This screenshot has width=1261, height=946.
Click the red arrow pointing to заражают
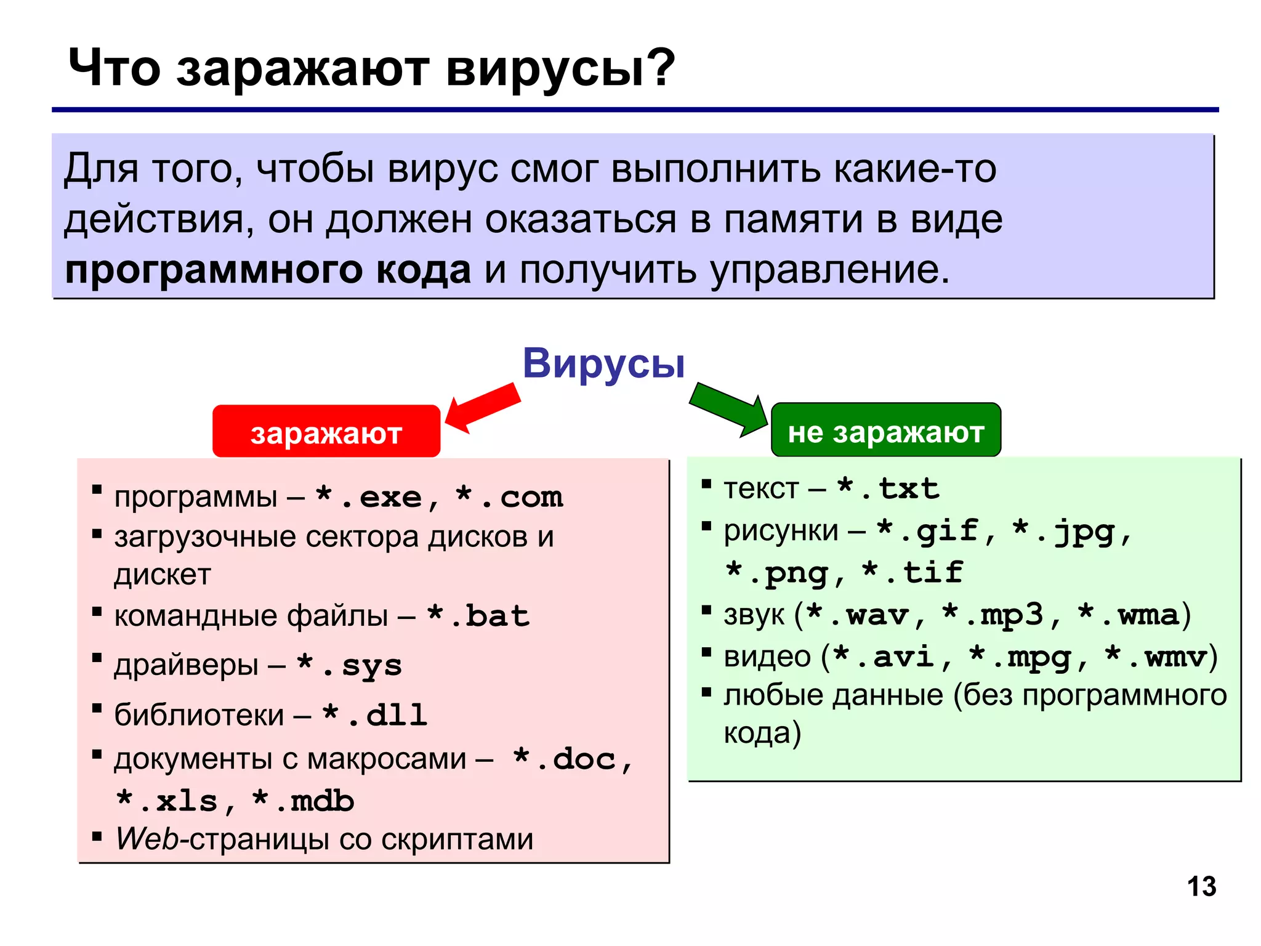(483, 408)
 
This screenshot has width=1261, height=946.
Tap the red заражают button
(326, 432)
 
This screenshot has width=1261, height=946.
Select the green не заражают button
(885, 431)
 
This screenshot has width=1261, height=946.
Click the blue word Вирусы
(603, 363)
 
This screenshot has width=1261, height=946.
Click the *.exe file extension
(369, 497)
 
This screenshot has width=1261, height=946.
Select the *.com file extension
(509, 497)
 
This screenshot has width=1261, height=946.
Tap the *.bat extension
(478, 616)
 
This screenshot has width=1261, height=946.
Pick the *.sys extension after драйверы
(349, 666)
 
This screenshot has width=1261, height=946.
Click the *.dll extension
(374, 715)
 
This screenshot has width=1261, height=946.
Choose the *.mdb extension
(304, 801)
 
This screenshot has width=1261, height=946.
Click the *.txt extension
(888, 489)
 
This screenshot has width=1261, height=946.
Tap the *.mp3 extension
(993, 615)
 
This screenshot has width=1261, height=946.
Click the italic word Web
(147, 839)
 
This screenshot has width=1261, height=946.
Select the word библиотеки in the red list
(199, 715)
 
